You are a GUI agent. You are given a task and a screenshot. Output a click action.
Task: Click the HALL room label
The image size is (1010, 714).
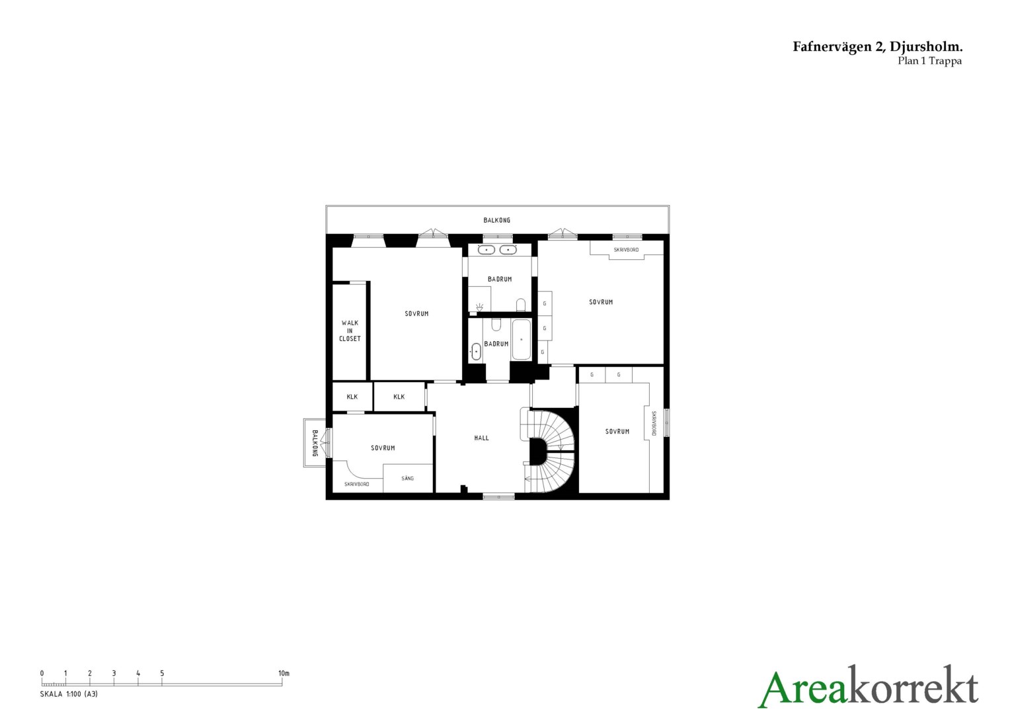pos(481,438)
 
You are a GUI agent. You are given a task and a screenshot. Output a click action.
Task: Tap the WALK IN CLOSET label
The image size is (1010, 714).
pos(350,331)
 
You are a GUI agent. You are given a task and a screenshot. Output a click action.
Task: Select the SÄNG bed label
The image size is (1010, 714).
pos(407,478)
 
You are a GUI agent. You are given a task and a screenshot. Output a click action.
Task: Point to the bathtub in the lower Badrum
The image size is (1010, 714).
pos(522,339)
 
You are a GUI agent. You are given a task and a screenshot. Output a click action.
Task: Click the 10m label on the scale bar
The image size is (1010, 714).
pos(284,673)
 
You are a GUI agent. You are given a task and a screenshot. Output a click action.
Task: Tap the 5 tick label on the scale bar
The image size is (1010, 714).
pos(162,673)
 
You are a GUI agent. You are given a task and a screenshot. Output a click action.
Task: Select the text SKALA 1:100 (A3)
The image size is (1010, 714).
pos(69,694)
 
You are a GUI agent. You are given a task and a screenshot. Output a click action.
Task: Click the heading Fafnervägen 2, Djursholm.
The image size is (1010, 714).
pos(877,47)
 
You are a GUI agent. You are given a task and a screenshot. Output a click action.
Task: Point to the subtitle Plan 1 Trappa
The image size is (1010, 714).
pos(929,61)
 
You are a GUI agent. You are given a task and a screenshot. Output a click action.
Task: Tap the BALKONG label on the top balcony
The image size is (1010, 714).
pos(496,220)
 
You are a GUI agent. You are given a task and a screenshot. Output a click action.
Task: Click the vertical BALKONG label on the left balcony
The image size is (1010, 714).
pos(315,443)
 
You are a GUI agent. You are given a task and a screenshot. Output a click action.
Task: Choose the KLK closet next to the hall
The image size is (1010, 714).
pos(399,397)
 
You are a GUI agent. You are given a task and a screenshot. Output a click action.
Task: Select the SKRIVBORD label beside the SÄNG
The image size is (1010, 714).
pos(357,484)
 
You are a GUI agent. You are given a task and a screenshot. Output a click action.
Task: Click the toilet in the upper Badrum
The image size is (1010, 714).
pos(521,305)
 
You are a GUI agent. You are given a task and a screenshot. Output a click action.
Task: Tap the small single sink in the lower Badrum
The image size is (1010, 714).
pos(476,351)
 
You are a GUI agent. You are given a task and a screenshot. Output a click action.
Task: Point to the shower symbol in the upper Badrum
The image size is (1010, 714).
pos(479,307)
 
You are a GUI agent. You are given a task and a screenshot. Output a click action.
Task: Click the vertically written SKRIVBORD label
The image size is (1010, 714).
pos(654,423)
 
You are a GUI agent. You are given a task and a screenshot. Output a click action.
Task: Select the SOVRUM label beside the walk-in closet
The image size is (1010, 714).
pos(416,313)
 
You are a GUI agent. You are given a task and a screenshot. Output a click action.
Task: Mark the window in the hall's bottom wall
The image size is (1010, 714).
pos(498,496)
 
